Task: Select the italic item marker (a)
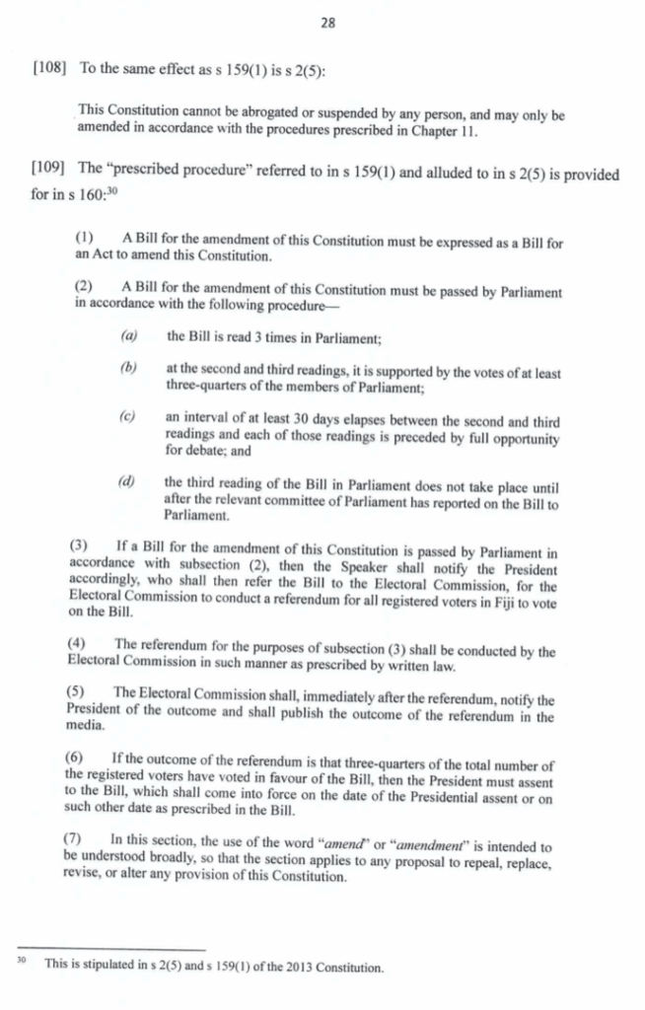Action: tap(128, 336)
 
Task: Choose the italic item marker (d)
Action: tap(128, 481)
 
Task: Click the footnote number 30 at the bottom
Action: tap(21, 963)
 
